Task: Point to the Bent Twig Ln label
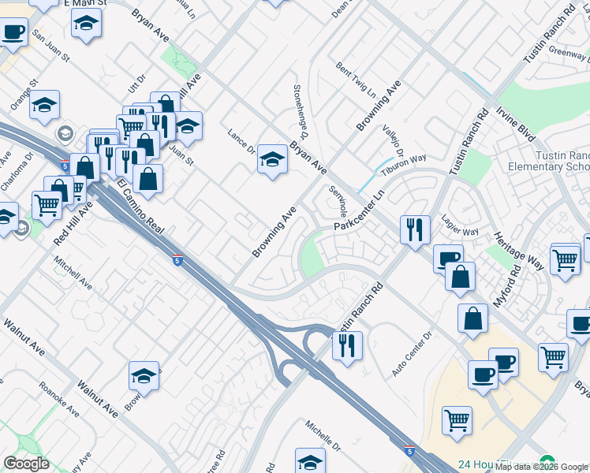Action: pyautogui.click(x=355, y=80)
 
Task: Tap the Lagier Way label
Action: pyautogui.click(x=460, y=226)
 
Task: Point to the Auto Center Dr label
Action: pyautogui.click(x=413, y=352)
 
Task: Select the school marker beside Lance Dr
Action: pyautogui.click(x=272, y=159)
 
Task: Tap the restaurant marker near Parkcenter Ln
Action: pyautogui.click(x=415, y=229)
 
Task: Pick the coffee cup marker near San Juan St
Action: pyautogui.click(x=13, y=33)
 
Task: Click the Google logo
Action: pyautogui.click(x=26, y=464)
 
